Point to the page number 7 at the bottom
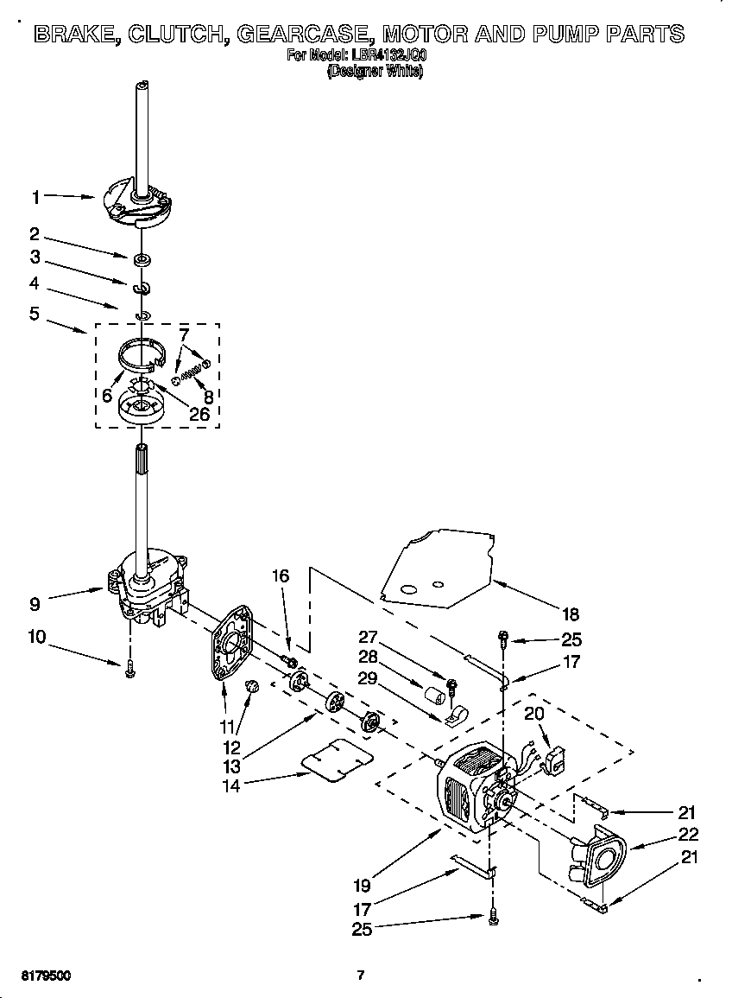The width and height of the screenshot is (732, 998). [361, 976]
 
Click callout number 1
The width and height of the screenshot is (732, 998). [35, 197]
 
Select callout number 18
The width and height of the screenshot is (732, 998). [571, 615]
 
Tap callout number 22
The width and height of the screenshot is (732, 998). [688, 835]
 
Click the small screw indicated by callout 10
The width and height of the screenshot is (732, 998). [130, 671]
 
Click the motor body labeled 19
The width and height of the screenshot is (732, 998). [466, 791]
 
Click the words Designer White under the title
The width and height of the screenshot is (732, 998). [375, 72]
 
